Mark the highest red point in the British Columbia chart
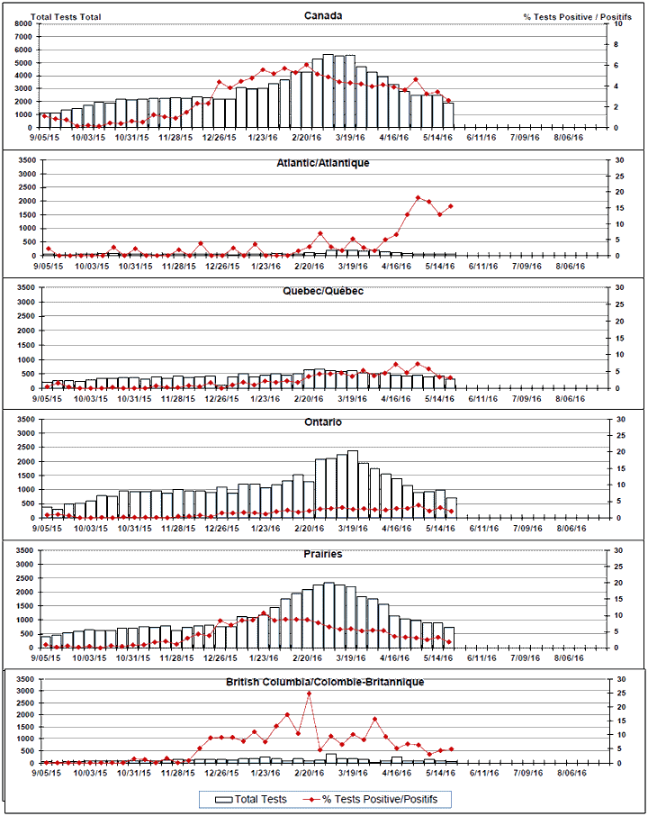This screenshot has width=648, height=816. coord(309,694)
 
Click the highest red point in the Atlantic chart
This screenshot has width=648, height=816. coord(418,197)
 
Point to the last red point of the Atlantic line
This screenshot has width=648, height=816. coord(451,206)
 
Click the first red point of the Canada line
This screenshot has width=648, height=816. coord(42,114)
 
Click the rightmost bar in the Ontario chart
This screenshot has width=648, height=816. coord(451,507)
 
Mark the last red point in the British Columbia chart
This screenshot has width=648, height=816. coord(451,748)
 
